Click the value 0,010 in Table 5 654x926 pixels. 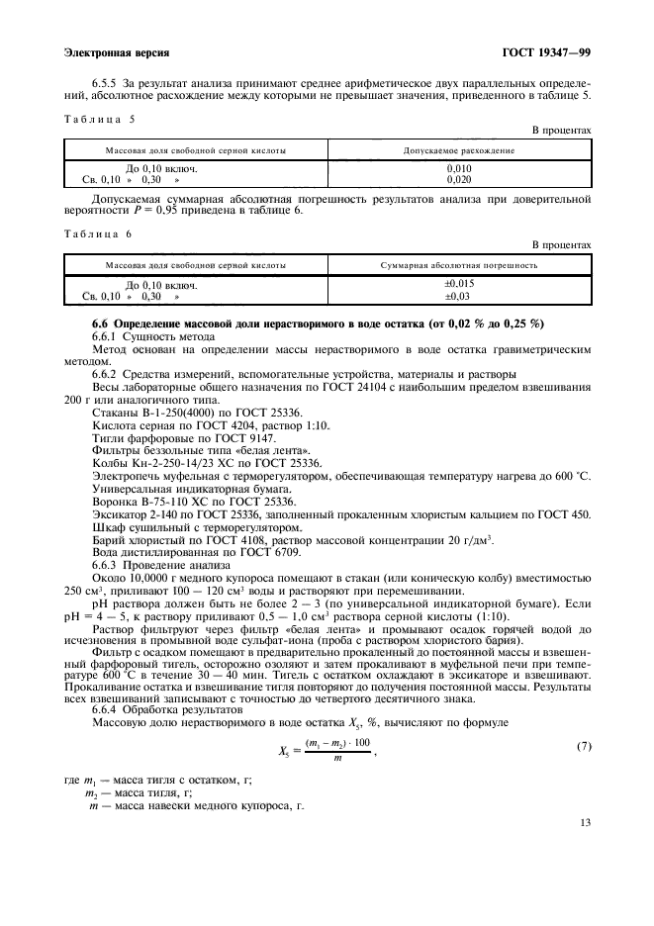(x=459, y=169)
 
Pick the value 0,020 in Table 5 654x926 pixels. (x=459, y=181)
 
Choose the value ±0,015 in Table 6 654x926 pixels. (x=458, y=285)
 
